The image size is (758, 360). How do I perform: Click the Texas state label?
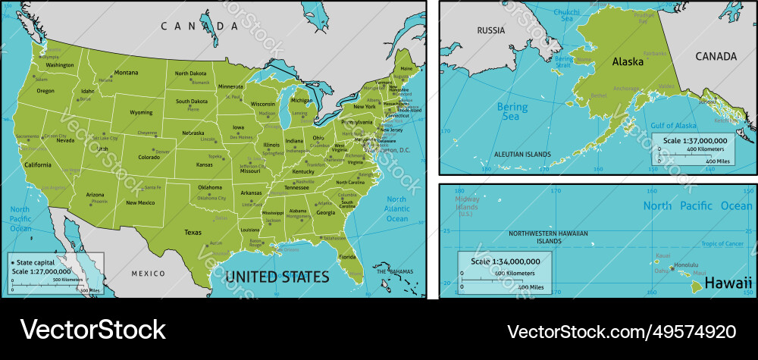[x=193, y=233]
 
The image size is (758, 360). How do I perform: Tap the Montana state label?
[x=126, y=74]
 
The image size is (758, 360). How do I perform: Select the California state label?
[x=37, y=164]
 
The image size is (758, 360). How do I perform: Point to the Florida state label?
[x=348, y=257]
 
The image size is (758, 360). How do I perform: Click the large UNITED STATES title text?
[x=277, y=277]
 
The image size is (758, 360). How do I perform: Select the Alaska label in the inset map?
[x=628, y=61]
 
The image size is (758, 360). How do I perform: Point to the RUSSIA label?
[x=490, y=31]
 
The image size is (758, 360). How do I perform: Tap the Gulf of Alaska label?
[x=674, y=125]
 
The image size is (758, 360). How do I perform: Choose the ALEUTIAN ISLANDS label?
[x=522, y=154]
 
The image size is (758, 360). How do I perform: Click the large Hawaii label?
[x=728, y=283]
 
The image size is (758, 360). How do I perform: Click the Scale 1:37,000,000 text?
[x=695, y=140]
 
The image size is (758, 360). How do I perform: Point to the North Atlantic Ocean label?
[x=396, y=208]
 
